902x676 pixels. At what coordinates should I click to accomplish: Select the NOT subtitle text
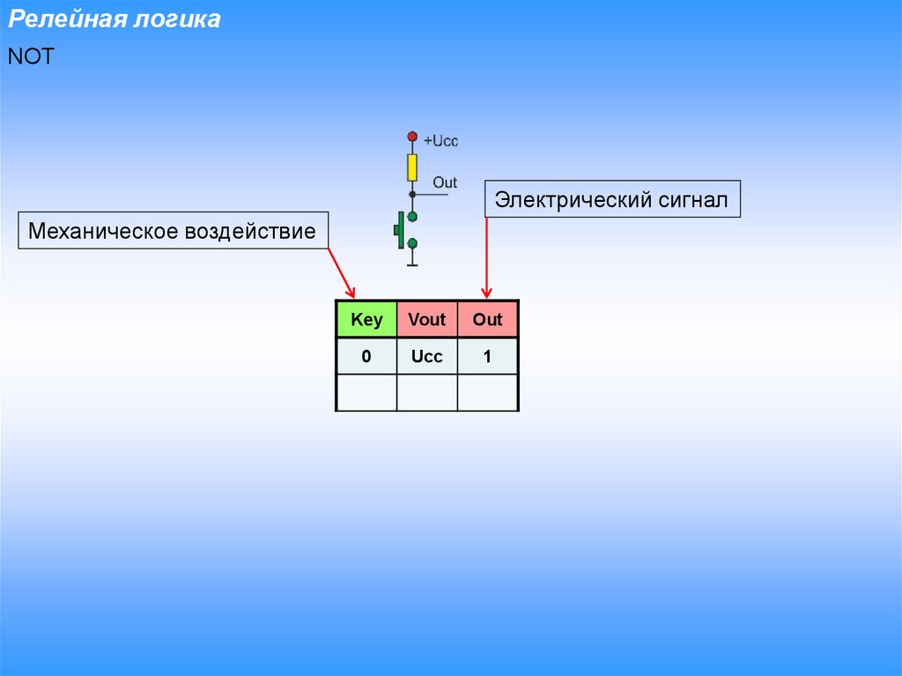pyautogui.click(x=32, y=56)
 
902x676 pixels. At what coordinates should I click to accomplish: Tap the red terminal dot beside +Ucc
pyautogui.click(x=411, y=137)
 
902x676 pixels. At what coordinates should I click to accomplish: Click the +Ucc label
pyautogui.click(x=441, y=141)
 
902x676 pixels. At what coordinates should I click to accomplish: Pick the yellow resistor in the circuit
pyautogui.click(x=411, y=167)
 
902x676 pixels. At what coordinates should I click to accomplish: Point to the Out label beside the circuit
pyautogui.click(x=445, y=182)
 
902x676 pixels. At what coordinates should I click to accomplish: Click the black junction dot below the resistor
pyautogui.click(x=411, y=194)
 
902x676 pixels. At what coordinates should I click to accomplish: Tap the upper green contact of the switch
pyautogui.click(x=412, y=216)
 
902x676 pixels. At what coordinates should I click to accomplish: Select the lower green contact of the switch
pyautogui.click(x=412, y=243)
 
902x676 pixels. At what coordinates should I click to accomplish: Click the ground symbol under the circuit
pyautogui.click(x=412, y=263)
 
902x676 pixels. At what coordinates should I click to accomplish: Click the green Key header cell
pyautogui.click(x=366, y=319)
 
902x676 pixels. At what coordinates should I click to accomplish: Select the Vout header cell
pyautogui.click(x=427, y=319)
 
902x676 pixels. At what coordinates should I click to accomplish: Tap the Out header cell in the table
pyautogui.click(x=487, y=319)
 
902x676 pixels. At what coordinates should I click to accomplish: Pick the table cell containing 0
pyautogui.click(x=366, y=356)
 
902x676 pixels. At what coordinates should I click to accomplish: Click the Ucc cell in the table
pyautogui.click(x=427, y=356)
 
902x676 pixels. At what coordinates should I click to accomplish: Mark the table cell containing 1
pyautogui.click(x=487, y=356)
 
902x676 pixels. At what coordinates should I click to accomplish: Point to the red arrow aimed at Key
pyautogui.click(x=342, y=273)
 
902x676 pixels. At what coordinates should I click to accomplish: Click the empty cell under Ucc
pyautogui.click(x=427, y=392)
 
